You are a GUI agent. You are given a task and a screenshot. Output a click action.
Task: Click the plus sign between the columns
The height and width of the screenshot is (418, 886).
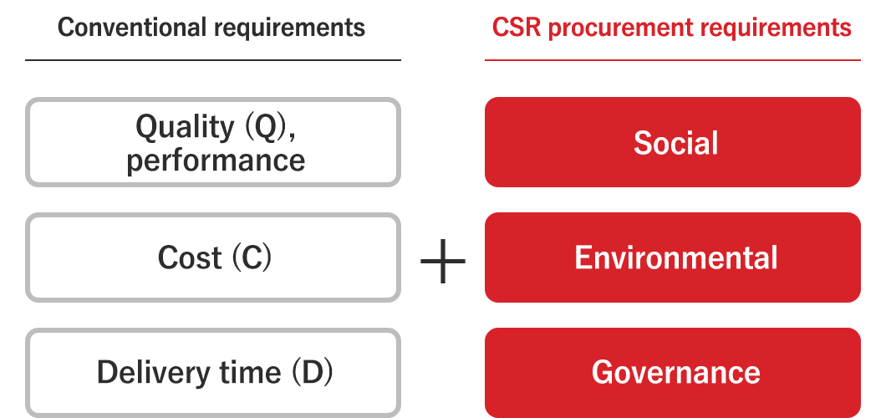443,260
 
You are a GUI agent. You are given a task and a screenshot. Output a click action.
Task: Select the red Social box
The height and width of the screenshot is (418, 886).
672,142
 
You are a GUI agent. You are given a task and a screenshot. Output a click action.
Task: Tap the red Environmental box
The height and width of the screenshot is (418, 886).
672,257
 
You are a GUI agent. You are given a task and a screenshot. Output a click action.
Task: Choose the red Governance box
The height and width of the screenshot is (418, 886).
672,372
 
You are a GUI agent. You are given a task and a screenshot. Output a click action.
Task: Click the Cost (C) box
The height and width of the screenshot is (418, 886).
213,257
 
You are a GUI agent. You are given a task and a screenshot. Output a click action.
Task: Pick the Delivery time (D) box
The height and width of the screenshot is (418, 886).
213,373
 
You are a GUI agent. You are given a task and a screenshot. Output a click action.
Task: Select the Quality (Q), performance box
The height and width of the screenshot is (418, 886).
213,142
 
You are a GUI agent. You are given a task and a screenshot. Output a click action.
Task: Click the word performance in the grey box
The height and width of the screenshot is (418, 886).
216,161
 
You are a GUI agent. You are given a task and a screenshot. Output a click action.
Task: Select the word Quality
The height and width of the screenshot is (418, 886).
184,128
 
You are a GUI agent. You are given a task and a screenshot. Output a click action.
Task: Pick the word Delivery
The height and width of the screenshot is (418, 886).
149,372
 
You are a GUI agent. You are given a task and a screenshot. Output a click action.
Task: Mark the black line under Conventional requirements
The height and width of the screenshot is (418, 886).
213,59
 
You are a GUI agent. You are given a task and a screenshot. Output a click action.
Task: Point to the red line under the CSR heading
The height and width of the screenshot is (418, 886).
672,59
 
